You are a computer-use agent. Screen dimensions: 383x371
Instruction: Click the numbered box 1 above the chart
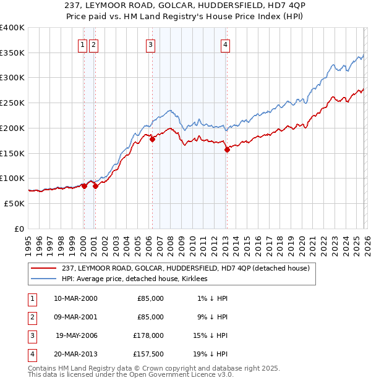(82, 44)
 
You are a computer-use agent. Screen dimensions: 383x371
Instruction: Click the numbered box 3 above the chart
(150, 44)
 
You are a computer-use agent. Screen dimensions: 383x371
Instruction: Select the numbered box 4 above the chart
(226, 44)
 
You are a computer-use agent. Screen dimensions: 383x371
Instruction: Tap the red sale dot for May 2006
(152, 140)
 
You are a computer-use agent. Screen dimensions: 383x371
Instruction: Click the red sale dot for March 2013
(227, 149)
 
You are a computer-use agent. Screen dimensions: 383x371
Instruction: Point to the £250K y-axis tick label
(12, 103)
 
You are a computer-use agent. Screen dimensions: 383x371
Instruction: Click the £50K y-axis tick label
(15, 203)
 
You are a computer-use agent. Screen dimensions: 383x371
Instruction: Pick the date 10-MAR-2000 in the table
(75, 298)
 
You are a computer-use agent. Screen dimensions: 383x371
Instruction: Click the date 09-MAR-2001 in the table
(75, 317)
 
